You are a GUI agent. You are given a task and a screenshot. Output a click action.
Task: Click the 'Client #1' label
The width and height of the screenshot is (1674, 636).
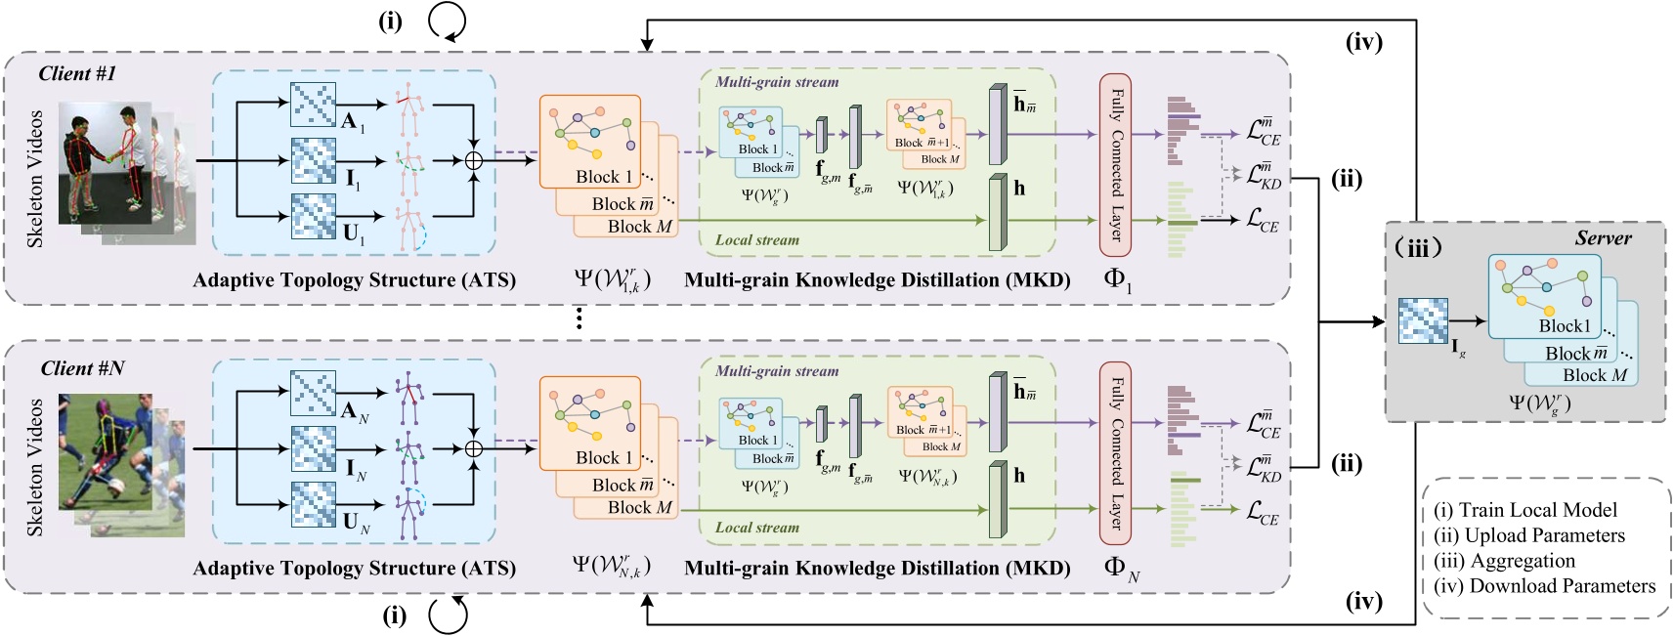coord(77,74)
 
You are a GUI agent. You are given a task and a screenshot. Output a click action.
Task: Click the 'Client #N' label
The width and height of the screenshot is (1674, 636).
coord(82,368)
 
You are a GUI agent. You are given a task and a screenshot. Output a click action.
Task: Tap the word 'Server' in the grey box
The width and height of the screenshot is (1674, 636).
coord(1603,238)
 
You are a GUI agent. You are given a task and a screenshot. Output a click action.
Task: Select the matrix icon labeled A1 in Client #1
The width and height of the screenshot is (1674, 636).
coord(313,106)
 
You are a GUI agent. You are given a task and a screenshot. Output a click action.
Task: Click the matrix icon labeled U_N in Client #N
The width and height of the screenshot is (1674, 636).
coord(313,505)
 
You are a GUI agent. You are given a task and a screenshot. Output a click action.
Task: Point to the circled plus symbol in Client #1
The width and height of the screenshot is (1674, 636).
coord(474,161)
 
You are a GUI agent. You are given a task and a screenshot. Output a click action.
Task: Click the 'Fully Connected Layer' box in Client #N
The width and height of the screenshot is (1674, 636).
coord(1115,452)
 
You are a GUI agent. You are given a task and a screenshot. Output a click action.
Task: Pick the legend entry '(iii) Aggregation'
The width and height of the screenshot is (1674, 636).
coord(1504,561)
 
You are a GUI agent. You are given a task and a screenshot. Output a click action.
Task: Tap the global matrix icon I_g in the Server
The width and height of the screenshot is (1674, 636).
coord(1423,321)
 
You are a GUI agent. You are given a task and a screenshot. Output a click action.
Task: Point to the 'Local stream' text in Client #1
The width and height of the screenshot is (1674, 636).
coord(756,240)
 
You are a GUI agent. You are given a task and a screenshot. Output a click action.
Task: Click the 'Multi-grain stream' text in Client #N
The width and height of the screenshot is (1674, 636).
coord(777,371)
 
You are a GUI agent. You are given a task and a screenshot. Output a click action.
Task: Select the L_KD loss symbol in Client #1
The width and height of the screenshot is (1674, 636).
coord(1264,176)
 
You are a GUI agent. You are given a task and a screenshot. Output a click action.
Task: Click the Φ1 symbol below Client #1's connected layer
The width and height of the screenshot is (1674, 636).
coord(1117,280)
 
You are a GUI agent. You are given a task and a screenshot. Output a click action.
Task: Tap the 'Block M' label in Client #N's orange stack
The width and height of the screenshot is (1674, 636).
coord(639,508)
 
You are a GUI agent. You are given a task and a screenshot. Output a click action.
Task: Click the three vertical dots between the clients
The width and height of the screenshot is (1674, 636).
coord(579,318)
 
